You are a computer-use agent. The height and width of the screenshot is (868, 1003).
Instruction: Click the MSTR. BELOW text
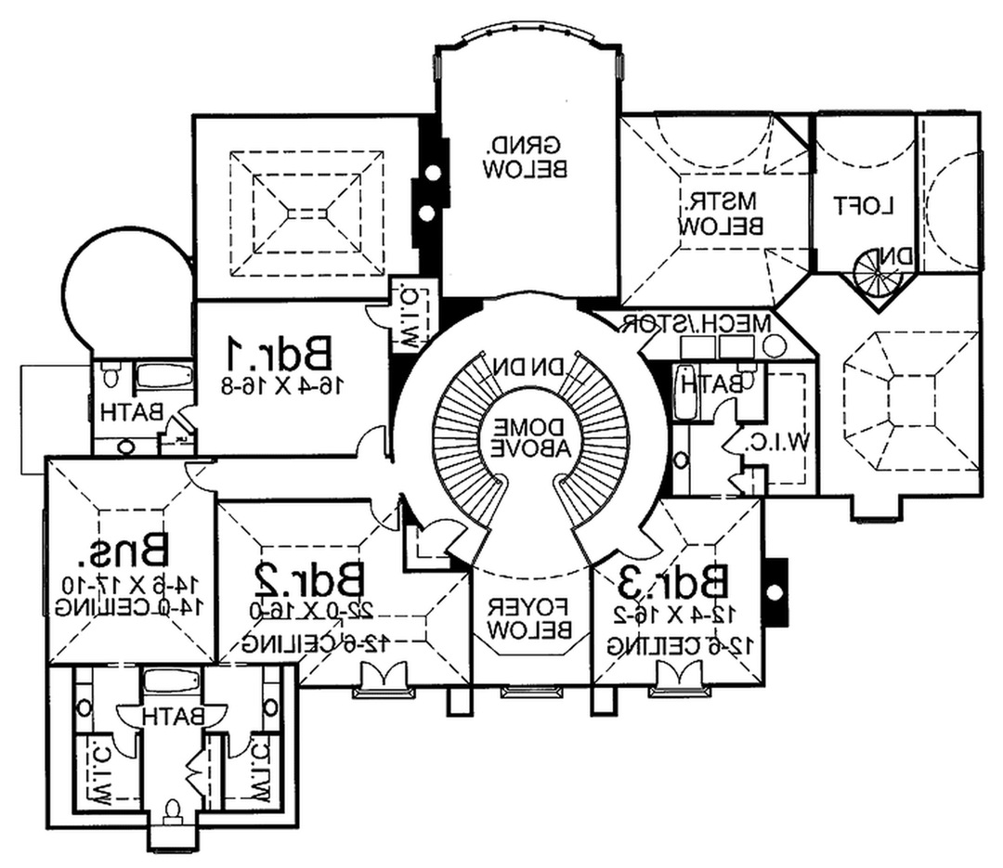(x=722, y=213)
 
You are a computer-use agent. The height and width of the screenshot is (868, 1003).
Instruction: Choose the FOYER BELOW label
(x=529, y=618)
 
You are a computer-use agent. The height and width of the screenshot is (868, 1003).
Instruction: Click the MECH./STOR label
(x=697, y=323)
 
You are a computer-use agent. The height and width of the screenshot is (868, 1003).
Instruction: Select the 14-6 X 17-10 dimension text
(x=127, y=585)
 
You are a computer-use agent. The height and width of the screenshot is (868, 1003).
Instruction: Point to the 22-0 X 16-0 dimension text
(x=311, y=614)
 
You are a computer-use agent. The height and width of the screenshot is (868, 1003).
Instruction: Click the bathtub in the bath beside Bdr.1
(x=163, y=378)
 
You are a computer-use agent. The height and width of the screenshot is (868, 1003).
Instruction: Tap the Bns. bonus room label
(x=129, y=551)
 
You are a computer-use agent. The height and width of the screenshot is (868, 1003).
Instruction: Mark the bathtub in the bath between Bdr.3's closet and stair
(x=684, y=392)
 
